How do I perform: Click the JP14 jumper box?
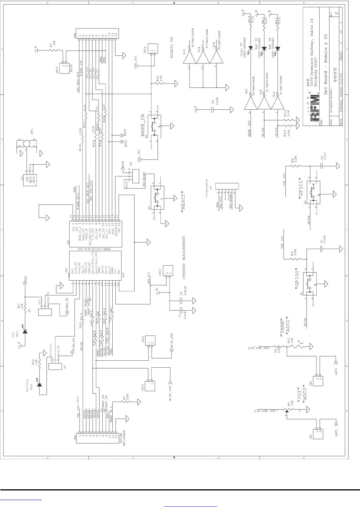coord(153,52)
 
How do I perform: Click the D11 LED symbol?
coord(26,330)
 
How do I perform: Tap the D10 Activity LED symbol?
coord(39,385)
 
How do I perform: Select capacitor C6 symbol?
coord(213,109)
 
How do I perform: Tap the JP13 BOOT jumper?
coord(63,65)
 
